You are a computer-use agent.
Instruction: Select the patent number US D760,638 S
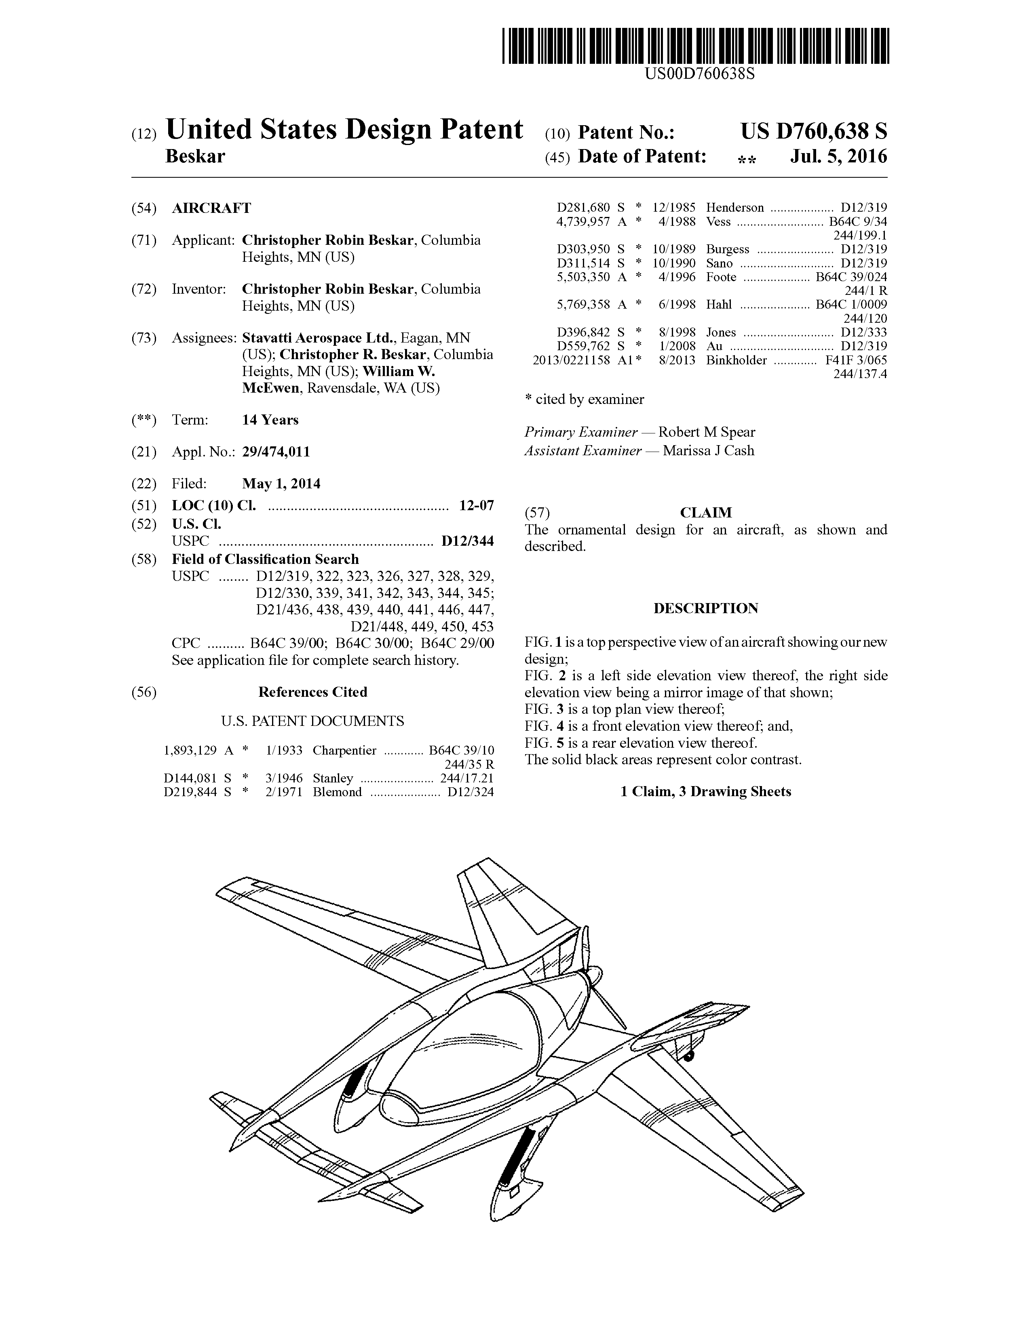[813, 131]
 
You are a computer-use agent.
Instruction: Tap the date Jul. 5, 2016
[838, 157]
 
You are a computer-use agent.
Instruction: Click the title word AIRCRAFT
[211, 208]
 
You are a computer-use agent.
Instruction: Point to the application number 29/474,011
[276, 452]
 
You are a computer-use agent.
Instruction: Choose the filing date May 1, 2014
[281, 484]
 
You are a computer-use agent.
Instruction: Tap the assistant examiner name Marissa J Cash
[708, 451]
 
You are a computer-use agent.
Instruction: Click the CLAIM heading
[706, 513]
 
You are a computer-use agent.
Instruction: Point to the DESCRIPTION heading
[706, 608]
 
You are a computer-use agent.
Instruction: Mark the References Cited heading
[312, 692]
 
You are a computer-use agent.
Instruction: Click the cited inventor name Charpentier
[344, 750]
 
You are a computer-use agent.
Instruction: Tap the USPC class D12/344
[468, 541]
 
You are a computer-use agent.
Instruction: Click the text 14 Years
[270, 420]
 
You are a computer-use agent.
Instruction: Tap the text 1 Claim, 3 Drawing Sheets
[706, 792]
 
